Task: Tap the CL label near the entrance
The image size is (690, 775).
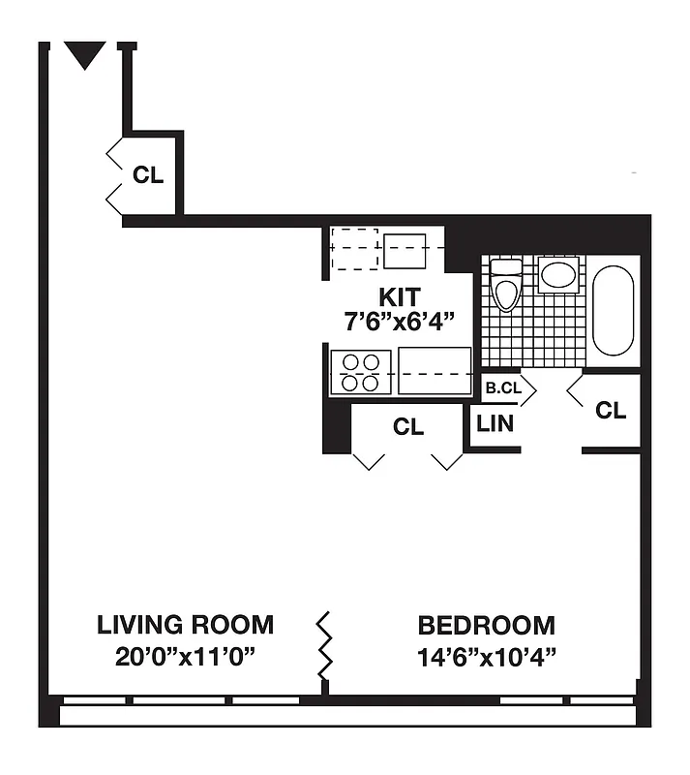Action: tap(148, 175)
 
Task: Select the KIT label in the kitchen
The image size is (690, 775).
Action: tap(399, 296)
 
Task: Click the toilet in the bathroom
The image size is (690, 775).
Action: tap(505, 284)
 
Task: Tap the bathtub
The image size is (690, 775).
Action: tap(613, 310)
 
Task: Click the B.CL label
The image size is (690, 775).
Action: tap(503, 388)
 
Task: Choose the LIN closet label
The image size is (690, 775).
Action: tap(495, 423)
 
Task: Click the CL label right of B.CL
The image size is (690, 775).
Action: tap(611, 411)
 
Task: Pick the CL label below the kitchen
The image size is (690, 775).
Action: tap(407, 427)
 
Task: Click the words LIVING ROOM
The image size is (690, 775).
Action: tap(185, 625)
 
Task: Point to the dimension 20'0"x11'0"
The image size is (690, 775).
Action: tap(185, 657)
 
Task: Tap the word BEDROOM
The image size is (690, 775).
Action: tap(486, 625)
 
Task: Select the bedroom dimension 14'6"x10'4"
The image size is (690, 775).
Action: tap(486, 657)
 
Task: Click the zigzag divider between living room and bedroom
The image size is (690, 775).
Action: tap(325, 645)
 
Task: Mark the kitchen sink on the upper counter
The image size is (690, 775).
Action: tap(405, 251)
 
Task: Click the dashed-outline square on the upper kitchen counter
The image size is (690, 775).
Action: tap(354, 250)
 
